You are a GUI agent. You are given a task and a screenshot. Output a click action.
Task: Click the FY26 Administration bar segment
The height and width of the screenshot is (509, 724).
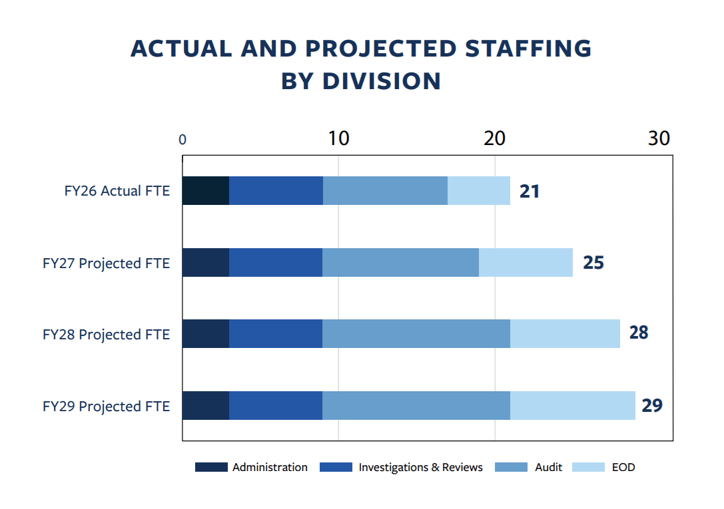coord(206,190)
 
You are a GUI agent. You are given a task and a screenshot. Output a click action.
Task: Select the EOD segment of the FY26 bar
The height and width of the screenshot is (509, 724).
coord(479,190)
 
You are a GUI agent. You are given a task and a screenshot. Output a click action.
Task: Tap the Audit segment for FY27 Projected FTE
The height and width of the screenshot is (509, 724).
coord(400,262)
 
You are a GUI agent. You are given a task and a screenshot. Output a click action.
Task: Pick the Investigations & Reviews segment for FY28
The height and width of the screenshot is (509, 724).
coord(276,333)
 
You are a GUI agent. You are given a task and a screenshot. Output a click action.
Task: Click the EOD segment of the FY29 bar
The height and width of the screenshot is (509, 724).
coord(573,405)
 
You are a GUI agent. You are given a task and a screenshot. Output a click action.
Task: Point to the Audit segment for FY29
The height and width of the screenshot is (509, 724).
coord(416,405)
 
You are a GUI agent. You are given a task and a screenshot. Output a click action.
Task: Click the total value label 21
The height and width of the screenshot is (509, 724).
coord(530,192)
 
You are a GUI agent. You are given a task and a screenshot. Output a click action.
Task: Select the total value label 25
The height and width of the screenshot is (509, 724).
coord(593,263)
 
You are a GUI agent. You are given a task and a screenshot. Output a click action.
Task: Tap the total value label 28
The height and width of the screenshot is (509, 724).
coord(638,333)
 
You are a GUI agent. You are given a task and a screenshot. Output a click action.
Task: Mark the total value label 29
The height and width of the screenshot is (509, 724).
coord(652,405)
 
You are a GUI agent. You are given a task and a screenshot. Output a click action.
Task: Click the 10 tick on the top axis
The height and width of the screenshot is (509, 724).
coord(338,138)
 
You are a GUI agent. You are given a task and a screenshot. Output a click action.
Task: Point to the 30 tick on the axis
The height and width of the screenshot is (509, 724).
coord(659,138)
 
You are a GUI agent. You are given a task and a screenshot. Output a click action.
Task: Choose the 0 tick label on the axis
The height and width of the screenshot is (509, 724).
coord(182,140)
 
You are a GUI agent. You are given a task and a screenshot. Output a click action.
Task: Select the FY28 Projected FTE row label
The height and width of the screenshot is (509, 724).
coord(106,334)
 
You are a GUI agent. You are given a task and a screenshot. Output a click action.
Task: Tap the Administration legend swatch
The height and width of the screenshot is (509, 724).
coord(211,467)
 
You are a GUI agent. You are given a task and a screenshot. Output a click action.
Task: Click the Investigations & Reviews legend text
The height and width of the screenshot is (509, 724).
coord(420,467)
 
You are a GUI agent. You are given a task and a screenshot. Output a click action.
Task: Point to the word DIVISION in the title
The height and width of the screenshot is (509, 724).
coord(382,81)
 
